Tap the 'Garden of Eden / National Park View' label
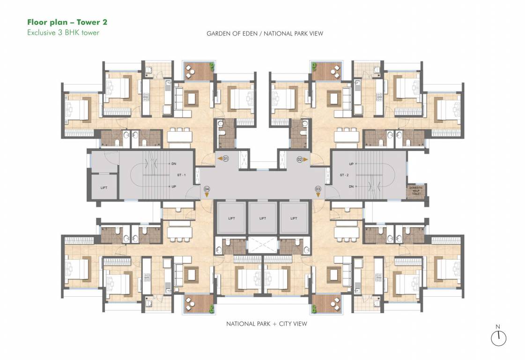tap(265, 34)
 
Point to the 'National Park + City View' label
tap(266, 324)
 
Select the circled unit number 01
tap(225, 159)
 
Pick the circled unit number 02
tap(300, 159)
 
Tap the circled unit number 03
tap(318, 189)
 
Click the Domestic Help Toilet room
tap(416, 191)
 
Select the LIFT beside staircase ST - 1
tap(104, 187)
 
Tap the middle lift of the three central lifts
tap(262, 218)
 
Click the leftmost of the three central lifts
tap(231, 218)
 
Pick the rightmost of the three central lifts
tap(294, 218)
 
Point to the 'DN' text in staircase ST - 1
tap(174, 164)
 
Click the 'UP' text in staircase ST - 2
tap(351, 164)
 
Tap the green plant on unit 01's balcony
tap(212, 66)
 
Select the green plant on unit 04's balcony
tap(212, 309)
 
